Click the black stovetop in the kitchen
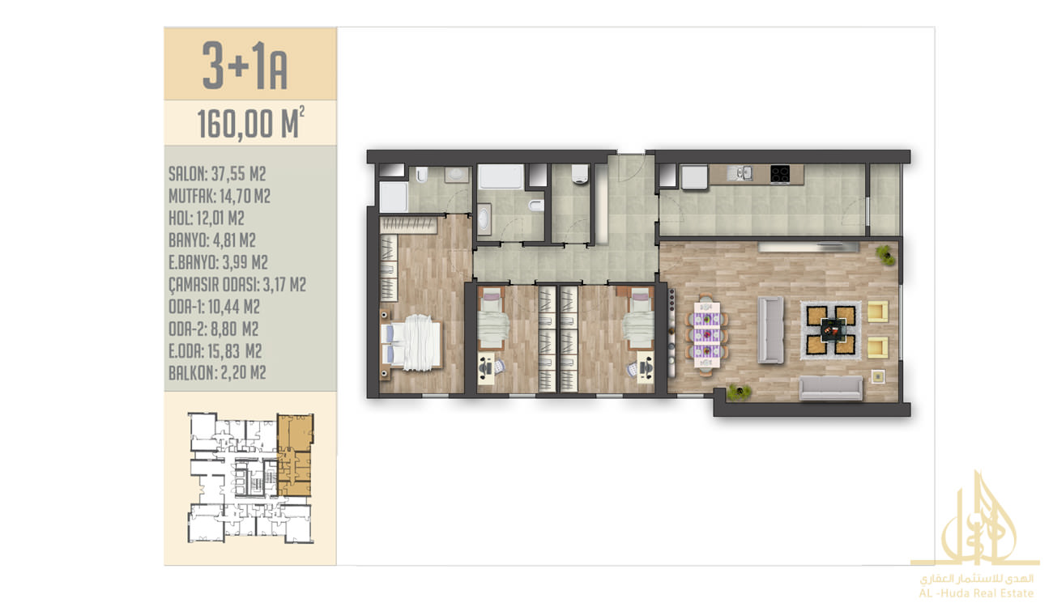[x=780, y=174]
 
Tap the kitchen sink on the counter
[x=740, y=173]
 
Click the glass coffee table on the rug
[x=831, y=330]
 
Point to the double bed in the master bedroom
[x=411, y=342]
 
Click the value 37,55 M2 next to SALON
[x=238, y=174]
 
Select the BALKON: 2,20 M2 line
[x=217, y=372]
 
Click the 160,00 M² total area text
[x=250, y=123]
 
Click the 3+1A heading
[x=245, y=66]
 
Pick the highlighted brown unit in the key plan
[x=295, y=455]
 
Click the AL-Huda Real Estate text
[x=976, y=593]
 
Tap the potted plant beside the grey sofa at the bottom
[x=738, y=393]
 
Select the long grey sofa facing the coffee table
[x=771, y=330]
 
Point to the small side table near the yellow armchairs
[x=878, y=376]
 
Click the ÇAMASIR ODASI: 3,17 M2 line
[x=237, y=284]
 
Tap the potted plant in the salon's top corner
[x=885, y=255]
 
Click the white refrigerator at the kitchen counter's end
[x=694, y=177]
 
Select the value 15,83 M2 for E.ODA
[x=234, y=350]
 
